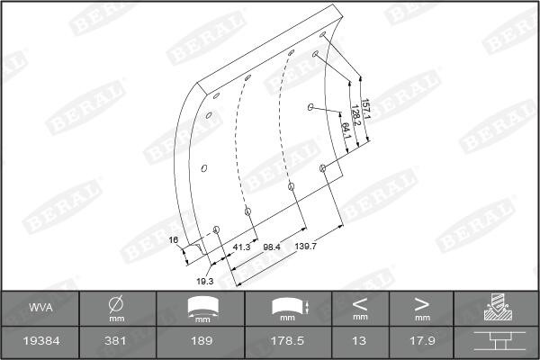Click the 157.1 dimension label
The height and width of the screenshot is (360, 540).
365,109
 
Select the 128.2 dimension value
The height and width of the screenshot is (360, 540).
355,115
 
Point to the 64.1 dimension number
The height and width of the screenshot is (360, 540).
346,130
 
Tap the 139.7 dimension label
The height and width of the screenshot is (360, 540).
305,247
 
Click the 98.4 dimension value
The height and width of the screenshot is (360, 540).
272,247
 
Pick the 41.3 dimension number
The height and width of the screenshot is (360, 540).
241,247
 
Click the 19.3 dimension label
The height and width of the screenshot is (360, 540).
205,282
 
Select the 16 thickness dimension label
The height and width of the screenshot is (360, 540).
174,239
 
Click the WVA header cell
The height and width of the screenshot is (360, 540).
40,308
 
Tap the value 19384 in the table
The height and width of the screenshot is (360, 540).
41,341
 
